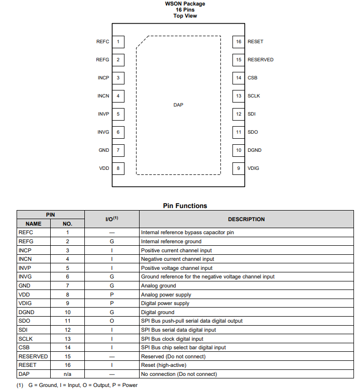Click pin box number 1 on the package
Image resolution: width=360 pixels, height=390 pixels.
tap(118, 42)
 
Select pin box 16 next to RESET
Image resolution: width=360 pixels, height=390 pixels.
tap(238, 42)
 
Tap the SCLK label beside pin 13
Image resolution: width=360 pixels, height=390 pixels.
tap(254, 96)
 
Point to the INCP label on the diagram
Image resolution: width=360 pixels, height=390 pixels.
tap(103, 78)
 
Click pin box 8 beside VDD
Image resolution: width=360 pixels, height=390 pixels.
tap(118, 168)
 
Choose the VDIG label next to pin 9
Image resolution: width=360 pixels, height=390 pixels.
tap(254, 168)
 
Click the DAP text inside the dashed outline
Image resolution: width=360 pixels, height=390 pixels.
tap(178, 105)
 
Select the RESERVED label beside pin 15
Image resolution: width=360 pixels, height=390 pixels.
tap(261, 60)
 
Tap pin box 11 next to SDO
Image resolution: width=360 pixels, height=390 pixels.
tap(238, 132)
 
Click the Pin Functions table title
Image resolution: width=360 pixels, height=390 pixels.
tap(185, 206)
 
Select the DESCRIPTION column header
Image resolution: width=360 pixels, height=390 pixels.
tap(246, 219)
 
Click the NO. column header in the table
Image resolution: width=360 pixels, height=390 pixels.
tap(67, 224)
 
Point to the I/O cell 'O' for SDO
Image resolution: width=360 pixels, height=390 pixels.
tap(112, 321)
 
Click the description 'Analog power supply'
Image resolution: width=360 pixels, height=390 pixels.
tap(166, 295)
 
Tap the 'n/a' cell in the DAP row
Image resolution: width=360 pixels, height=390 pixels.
tap(67, 374)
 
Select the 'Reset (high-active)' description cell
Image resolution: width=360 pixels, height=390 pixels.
tap(163, 365)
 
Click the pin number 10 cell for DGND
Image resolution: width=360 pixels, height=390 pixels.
tap(67, 312)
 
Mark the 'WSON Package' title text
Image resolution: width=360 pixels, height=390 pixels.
tap(185, 4)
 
